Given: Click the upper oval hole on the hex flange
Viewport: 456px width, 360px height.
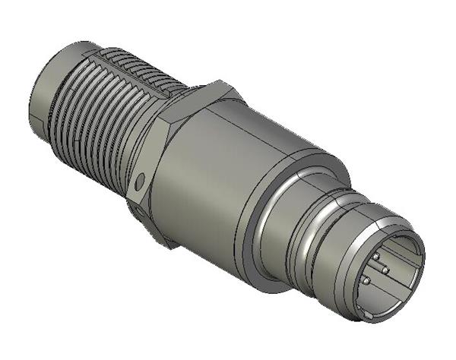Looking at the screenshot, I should pos(140,181).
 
